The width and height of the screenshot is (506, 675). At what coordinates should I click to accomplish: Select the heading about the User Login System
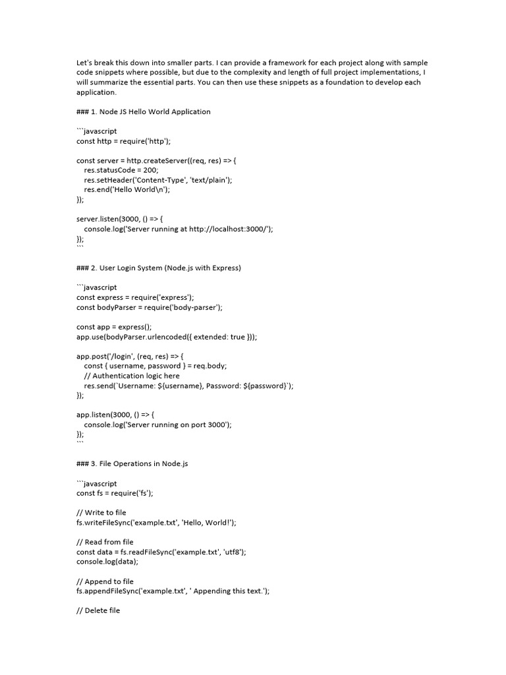click(159, 268)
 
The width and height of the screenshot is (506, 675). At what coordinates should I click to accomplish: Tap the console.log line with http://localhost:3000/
click(178, 229)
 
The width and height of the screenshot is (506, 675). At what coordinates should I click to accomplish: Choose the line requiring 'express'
click(135, 297)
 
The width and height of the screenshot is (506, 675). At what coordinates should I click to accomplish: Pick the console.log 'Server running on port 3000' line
click(158, 425)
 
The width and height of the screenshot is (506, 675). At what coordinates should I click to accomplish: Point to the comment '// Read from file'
click(105, 542)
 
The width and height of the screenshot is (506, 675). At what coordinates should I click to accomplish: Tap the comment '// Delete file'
click(98, 610)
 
